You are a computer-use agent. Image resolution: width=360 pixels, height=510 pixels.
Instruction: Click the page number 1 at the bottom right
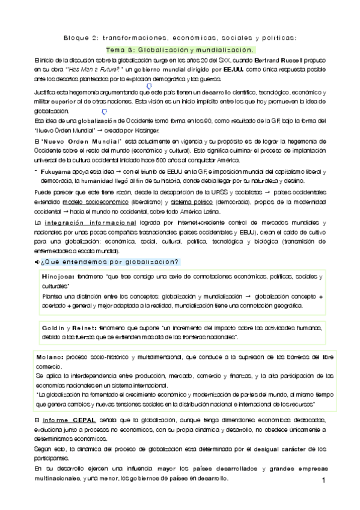(323, 481)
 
